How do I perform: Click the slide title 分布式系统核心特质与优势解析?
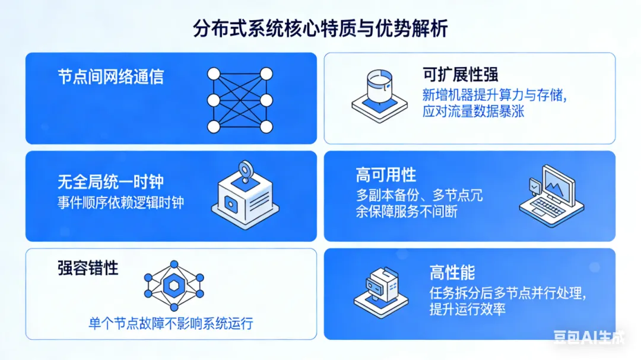coord(320,28)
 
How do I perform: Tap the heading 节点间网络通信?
coord(110,77)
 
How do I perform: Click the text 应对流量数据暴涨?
coord(473,111)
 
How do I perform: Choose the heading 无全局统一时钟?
coord(110,181)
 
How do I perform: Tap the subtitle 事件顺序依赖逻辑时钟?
coord(120,202)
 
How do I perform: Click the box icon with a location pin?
coord(245,195)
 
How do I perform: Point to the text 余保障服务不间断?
coord(407,212)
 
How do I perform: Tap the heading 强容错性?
coord(88,268)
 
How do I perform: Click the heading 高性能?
coord(452,272)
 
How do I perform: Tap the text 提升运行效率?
coord(468,309)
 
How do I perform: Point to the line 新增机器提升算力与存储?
coord(494,95)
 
